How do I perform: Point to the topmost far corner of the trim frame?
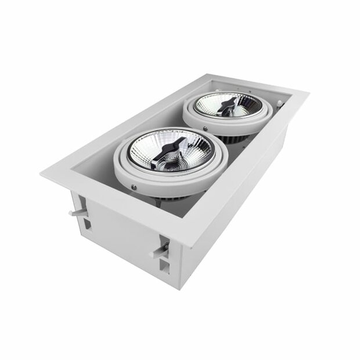tap(211, 73)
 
